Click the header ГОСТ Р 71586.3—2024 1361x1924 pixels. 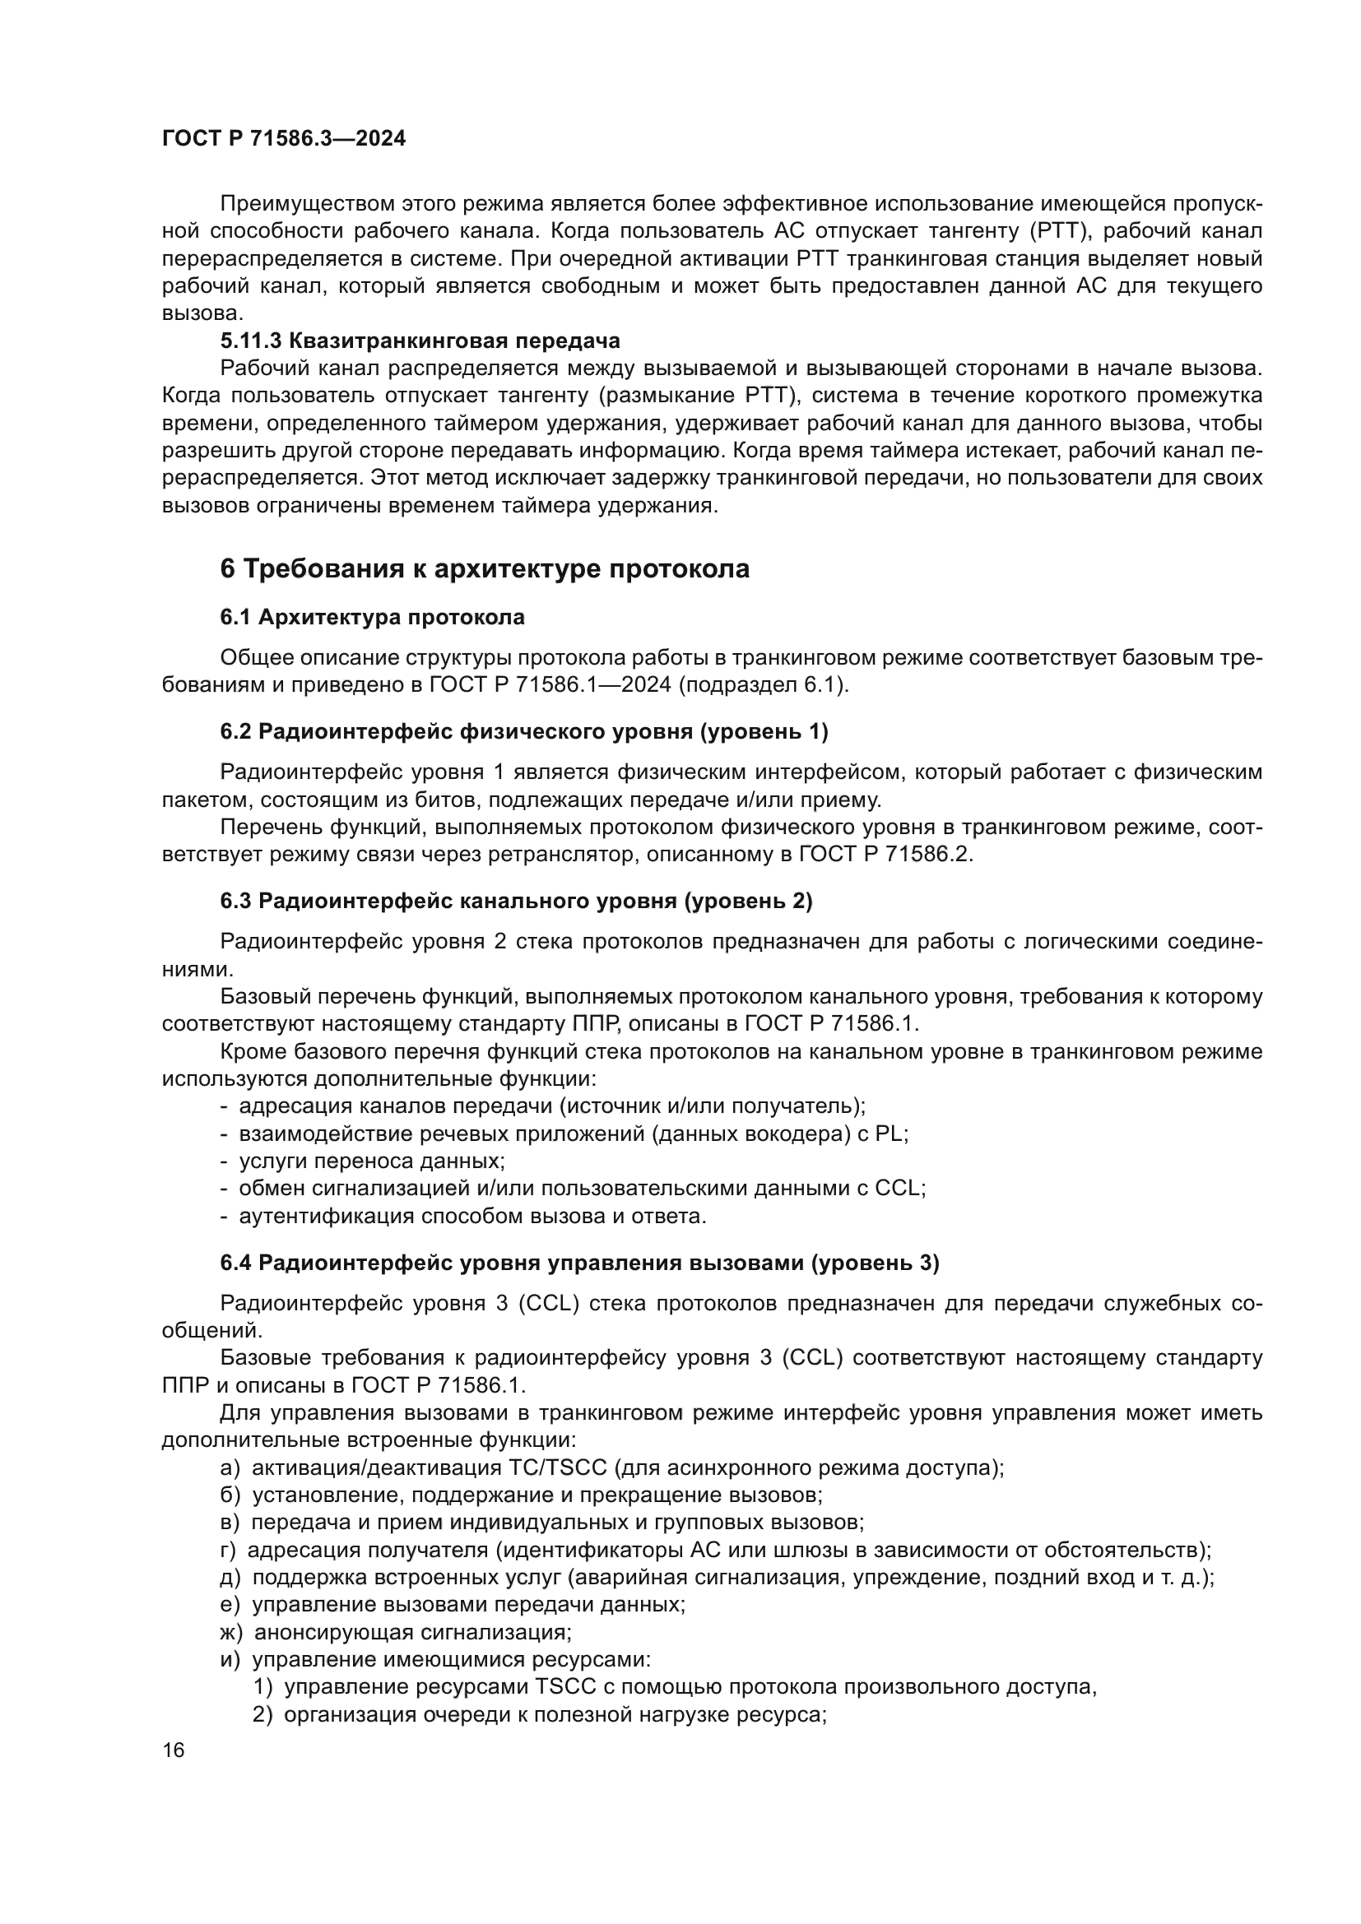pyautogui.click(x=283, y=138)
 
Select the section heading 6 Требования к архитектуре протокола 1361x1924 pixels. pyautogui.click(x=484, y=569)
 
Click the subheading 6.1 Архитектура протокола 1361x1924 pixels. pyautogui.click(x=372, y=618)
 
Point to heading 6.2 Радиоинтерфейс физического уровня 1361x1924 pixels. pyautogui.click(x=524, y=731)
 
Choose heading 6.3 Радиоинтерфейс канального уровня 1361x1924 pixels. pyautogui.click(x=516, y=901)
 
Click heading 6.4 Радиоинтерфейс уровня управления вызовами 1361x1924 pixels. pyautogui.click(x=579, y=1263)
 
